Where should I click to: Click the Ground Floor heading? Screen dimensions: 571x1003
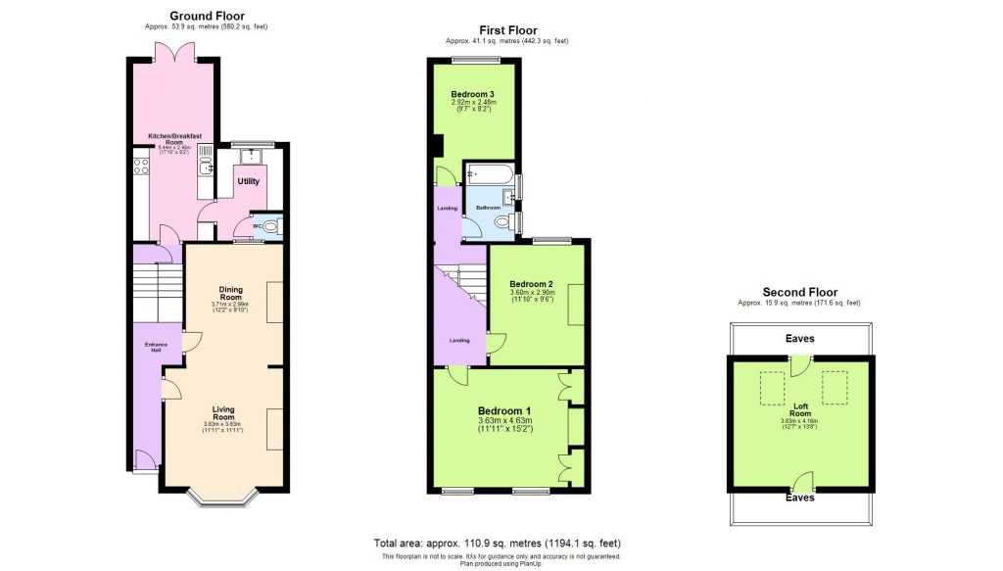pos(207,16)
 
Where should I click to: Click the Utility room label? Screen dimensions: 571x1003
pos(248,182)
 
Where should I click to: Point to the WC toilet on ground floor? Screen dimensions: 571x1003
pos(271,226)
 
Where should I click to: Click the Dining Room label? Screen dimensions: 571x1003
pos(230,292)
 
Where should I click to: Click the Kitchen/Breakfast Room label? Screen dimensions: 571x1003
pos(174,139)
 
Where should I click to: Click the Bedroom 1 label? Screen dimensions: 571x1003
pos(504,410)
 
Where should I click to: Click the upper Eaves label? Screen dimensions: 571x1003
pos(800,339)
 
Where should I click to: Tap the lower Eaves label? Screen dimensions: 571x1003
pos(800,498)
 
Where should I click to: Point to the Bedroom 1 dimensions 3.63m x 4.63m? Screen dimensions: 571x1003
pos(504,421)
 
